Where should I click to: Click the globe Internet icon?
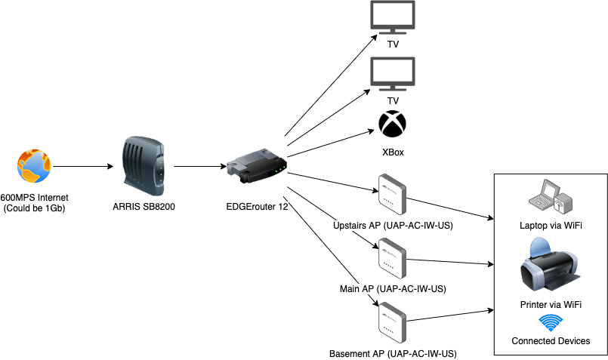[34, 166]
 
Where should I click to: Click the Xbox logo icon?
[393, 125]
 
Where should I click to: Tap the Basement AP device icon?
[392, 322]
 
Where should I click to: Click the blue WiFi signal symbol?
[550, 324]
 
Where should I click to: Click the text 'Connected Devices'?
[550, 341]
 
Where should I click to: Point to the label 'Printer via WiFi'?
[550, 304]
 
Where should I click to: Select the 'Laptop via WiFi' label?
[550, 226]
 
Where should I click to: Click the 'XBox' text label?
[393, 152]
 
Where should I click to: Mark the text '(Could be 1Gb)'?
[35, 208]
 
